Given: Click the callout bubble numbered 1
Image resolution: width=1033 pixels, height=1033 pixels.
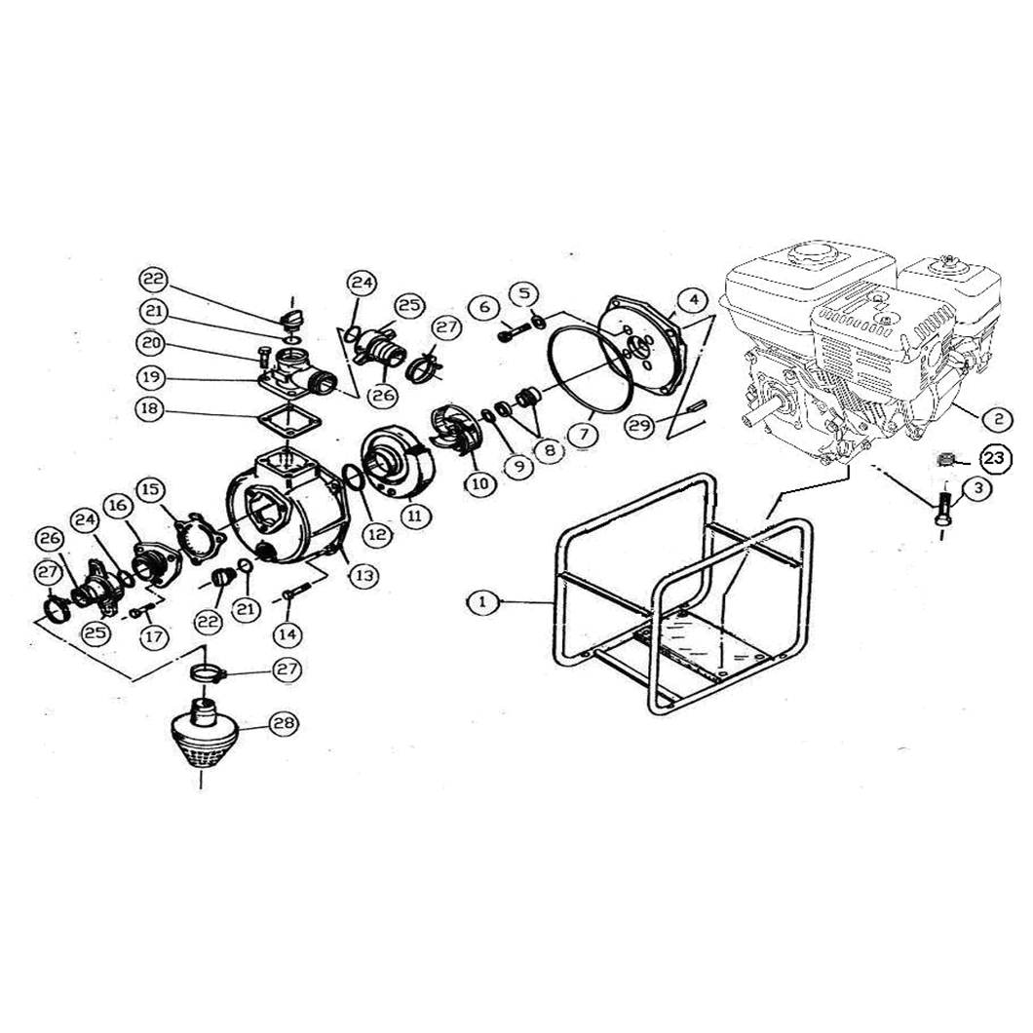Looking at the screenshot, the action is pyautogui.click(x=484, y=601).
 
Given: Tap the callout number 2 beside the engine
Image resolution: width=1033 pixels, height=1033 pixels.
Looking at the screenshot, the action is pyautogui.click(x=999, y=417).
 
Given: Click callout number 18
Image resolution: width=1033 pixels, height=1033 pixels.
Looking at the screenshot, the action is pyautogui.click(x=150, y=408).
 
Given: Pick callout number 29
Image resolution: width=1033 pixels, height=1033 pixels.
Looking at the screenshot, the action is pyautogui.click(x=639, y=425).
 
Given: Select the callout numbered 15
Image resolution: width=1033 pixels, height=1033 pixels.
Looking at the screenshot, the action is pyautogui.click(x=150, y=489).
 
